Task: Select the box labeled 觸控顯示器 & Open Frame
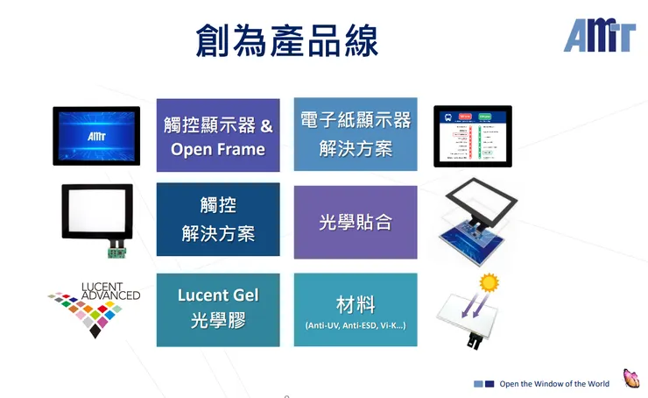pyautogui.click(x=218, y=136)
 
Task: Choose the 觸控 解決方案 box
pyautogui.click(x=218, y=220)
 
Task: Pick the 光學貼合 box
pyautogui.click(x=355, y=222)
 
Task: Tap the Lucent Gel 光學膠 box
pyautogui.click(x=218, y=309)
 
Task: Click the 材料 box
pyautogui.click(x=355, y=309)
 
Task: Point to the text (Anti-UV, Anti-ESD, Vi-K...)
pyautogui.click(x=355, y=326)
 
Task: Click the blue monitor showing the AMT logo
pyautogui.click(x=96, y=136)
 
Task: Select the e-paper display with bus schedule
pyautogui.click(x=473, y=136)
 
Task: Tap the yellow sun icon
pyautogui.click(x=488, y=282)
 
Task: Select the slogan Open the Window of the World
pyautogui.click(x=554, y=384)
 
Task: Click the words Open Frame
pyautogui.click(x=218, y=149)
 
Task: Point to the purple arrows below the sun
pyautogui.click(x=474, y=302)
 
